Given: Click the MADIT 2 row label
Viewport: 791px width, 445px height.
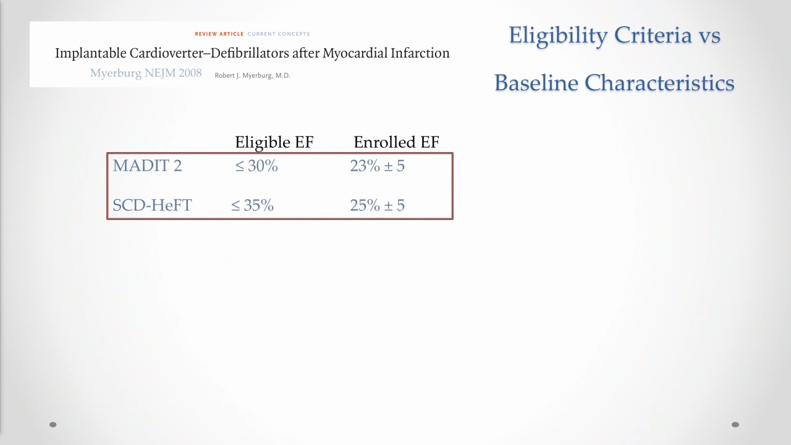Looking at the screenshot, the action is coord(147,166).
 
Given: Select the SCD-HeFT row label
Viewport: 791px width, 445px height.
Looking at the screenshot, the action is coord(152,205).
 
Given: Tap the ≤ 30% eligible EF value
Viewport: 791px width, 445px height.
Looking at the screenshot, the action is coord(256,166).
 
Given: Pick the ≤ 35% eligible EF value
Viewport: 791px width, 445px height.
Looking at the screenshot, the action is coord(252,205).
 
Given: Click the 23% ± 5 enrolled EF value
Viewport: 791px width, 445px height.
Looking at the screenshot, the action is coord(377,166).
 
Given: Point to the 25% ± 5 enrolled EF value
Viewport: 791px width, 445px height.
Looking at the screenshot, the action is coord(377,205).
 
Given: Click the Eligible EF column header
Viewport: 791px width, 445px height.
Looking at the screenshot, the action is coord(274,142).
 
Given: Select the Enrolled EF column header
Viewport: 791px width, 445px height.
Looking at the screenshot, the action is coord(396,142).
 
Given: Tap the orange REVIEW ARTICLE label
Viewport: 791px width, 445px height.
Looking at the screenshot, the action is coord(219,34).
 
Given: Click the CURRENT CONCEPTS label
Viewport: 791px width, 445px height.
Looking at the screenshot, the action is coord(279,34).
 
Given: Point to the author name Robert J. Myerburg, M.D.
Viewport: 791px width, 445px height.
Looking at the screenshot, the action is coord(253,75).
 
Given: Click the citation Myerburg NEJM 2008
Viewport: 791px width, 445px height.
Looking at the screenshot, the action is coord(146,73).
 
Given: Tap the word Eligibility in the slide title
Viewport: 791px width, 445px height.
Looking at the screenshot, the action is coord(558,36).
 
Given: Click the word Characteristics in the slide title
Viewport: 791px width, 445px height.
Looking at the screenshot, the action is coord(659,83).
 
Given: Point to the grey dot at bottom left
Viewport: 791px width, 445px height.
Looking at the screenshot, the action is coord(53,425).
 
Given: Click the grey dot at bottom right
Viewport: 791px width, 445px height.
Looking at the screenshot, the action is coord(735,425).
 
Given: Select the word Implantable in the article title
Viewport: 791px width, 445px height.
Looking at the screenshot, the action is coord(91,53).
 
